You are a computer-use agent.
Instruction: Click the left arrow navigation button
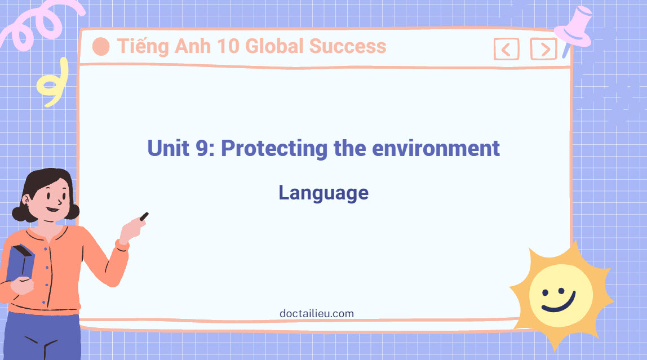[506, 50]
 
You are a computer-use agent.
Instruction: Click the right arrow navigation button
[543, 50]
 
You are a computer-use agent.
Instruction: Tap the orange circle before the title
[101, 47]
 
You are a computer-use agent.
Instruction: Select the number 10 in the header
[232, 46]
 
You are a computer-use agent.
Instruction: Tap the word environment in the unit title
[436, 149]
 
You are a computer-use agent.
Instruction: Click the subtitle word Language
[323, 193]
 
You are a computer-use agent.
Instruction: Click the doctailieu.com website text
[317, 313]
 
